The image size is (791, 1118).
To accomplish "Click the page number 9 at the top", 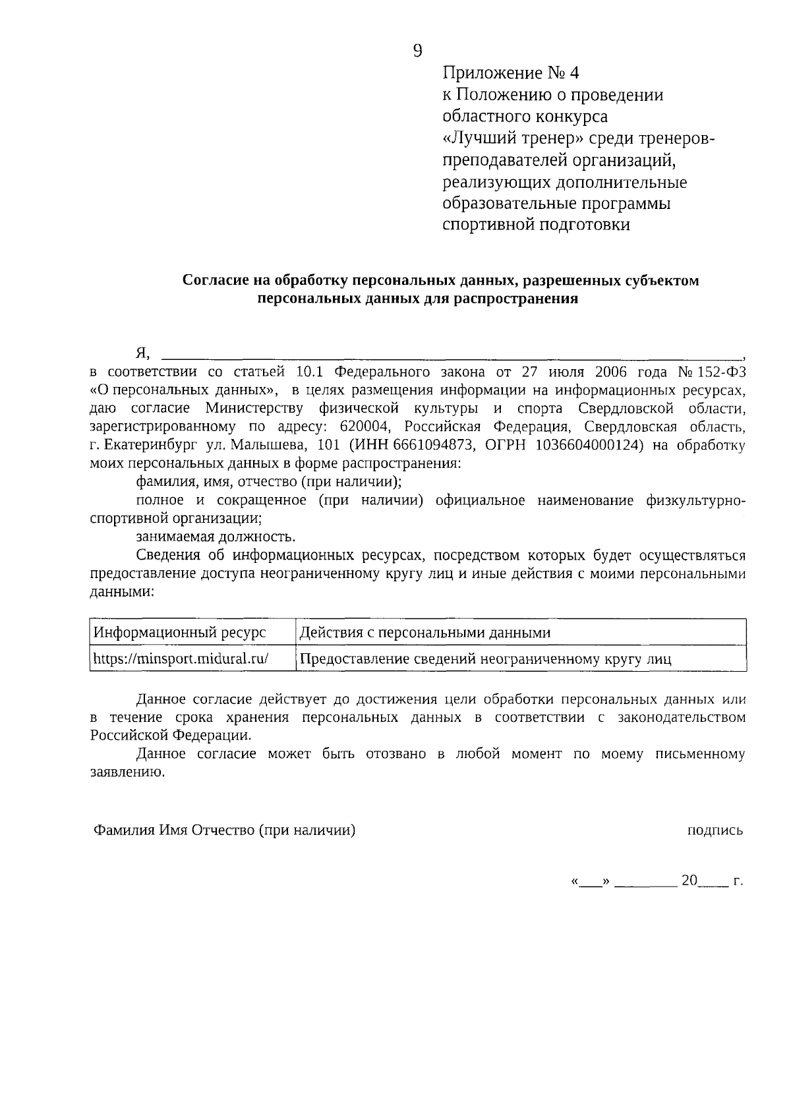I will point(417,51).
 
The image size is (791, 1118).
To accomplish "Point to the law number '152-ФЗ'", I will point(722,371).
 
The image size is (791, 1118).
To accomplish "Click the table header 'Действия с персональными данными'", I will point(425,633).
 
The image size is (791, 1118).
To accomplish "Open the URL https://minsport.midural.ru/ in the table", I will point(181,658).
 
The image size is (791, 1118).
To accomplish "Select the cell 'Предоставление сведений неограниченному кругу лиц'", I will point(485,659).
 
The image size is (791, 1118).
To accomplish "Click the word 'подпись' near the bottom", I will point(715,831).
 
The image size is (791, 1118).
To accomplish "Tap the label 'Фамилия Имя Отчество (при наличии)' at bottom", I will point(224,831).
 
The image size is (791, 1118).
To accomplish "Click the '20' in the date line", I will point(689,880).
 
